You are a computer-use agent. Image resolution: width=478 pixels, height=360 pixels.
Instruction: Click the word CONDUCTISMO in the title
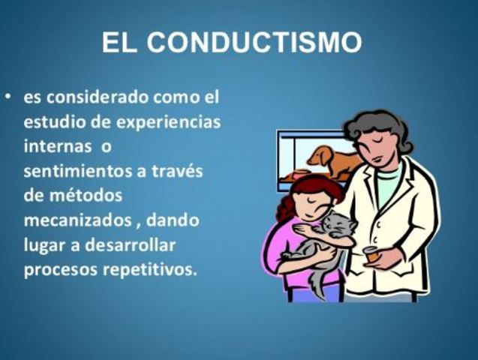pos(254,43)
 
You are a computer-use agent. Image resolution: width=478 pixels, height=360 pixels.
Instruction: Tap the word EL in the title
pos(119,43)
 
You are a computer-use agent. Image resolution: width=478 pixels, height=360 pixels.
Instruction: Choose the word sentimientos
pos(75,170)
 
